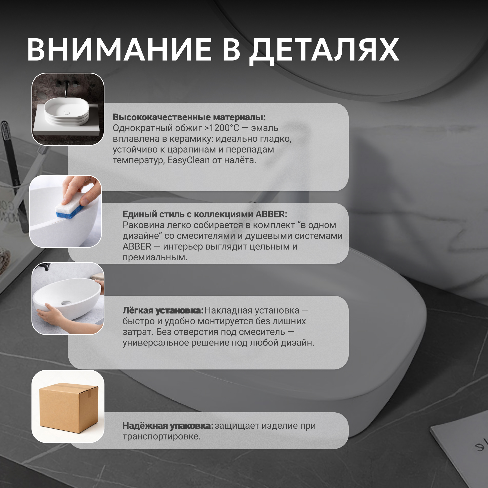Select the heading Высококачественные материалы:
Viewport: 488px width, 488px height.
(x=189, y=117)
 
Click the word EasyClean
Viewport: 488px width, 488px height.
(x=188, y=160)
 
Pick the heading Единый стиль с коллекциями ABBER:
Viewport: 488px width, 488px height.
(x=205, y=214)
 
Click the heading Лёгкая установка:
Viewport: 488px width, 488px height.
(x=163, y=311)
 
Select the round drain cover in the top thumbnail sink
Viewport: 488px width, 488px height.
(x=67, y=113)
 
